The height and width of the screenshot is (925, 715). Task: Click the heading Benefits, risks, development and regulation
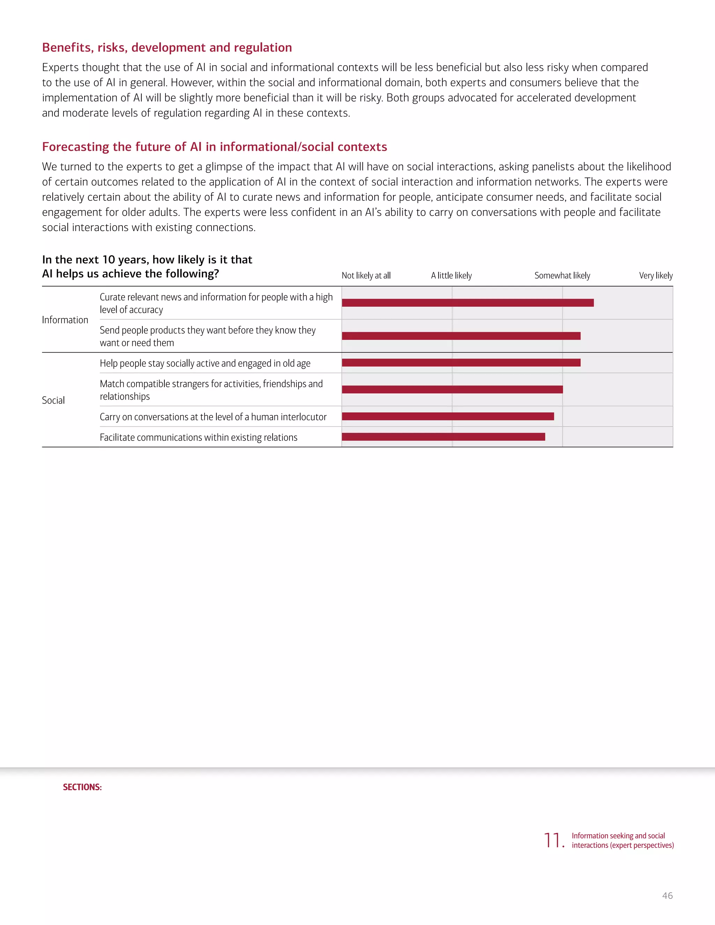[x=167, y=47]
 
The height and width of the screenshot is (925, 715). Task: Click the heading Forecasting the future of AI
[x=214, y=147]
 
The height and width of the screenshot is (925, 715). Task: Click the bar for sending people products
[x=461, y=336]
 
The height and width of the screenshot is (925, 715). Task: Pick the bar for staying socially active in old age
[x=461, y=363]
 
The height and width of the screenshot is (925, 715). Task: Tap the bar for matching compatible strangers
[x=452, y=390]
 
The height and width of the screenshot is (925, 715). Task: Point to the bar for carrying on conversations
[x=448, y=416]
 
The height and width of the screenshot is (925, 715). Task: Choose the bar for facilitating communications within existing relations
[x=443, y=437]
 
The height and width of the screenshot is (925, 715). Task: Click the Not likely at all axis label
[x=366, y=276]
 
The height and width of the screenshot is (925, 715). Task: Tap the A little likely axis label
[x=451, y=276]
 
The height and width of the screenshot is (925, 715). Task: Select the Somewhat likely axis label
[x=562, y=276]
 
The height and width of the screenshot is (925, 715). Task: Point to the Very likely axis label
[x=656, y=276]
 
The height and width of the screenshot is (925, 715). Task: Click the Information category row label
[x=65, y=320]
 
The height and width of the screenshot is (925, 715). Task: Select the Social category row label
[x=53, y=400]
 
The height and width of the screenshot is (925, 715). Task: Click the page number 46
[x=667, y=895]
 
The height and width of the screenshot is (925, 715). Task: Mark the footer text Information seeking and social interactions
[x=622, y=840]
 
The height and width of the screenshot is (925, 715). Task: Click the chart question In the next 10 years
[x=147, y=266]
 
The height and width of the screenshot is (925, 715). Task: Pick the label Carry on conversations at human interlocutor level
[x=213, y=417]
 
